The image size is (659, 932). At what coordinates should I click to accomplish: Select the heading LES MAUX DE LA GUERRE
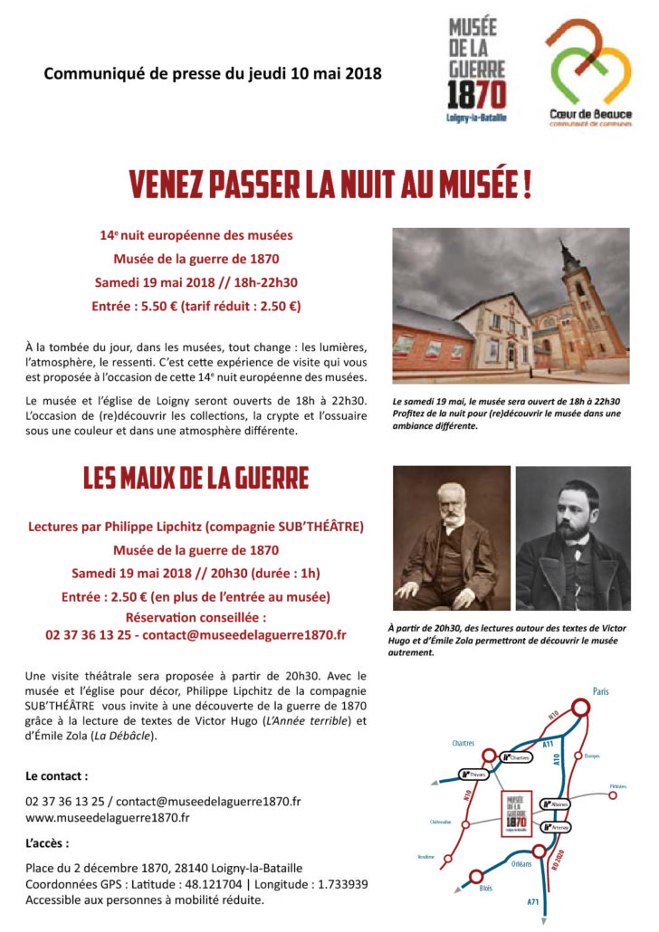(196, 478)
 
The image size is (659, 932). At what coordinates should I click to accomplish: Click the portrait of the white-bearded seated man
(451, 539)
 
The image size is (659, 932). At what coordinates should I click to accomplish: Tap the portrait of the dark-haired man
(573, 539)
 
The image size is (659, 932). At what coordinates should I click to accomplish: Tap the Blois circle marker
(473, 877)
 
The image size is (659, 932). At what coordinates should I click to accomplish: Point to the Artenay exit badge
(555, 827)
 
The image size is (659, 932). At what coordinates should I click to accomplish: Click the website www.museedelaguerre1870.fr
(107, 818)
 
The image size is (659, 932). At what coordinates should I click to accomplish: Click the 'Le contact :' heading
(57, 775)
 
